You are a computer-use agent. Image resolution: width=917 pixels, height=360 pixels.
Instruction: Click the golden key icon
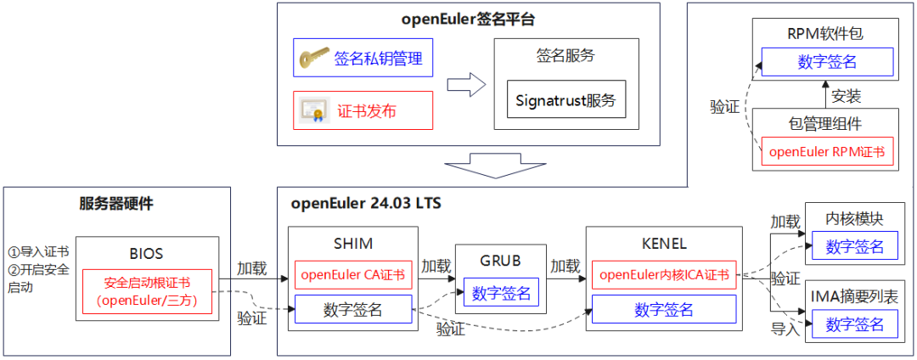(313, 59)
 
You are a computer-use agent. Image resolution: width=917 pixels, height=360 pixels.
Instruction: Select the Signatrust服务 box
(566, 101)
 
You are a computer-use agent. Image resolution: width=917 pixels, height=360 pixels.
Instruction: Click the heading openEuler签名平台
(469, 18)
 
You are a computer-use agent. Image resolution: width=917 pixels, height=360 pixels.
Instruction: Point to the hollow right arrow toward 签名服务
(465, 85)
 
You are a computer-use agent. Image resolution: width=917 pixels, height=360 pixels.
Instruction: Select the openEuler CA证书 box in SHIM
(353, 274)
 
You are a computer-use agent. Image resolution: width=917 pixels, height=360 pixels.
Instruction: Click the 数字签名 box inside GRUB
(501, 294)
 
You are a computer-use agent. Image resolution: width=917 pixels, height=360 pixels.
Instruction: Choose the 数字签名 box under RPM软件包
(827, 62)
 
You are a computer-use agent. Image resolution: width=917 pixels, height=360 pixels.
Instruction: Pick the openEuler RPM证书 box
(826, 152)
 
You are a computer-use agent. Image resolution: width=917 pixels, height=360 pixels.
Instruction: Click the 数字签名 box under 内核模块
(854, 246)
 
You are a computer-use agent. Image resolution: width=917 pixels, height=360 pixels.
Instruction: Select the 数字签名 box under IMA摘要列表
(854, 323)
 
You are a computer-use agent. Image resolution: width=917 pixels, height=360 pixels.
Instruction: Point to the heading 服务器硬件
(116, 204)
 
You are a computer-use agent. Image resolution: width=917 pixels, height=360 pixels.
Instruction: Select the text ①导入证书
(38, 252)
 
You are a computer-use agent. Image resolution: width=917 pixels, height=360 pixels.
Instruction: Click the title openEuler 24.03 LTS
(366, 204)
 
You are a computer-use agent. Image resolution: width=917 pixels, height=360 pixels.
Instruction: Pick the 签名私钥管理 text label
(378, 59)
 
